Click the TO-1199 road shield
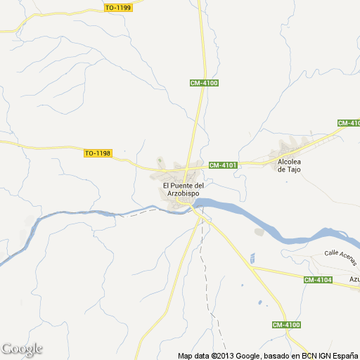(x=117, y=8)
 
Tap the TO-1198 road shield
(x=98, y=153)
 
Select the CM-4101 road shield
(x=224, y=165)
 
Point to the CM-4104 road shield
(x=318, y=280)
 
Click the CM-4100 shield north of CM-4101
(x=205, y=83)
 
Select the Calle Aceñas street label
(x=340, y=257)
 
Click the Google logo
(x=22, y=349)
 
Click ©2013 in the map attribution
(x=213, y=355)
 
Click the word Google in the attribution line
(x=241, y=355)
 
